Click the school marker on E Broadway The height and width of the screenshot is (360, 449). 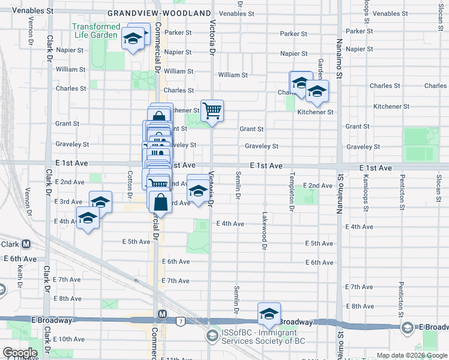pyautogui.click(x=270, y=314)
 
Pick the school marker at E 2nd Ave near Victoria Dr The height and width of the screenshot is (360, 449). pyautogui.click(x=198, y=191)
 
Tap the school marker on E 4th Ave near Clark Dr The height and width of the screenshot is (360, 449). pyautogui.click(x=88, y=220)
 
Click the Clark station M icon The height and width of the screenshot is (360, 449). pyautogui.click(x=26, y=244)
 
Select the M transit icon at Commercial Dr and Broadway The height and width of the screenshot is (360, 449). pyautogui.click(x=162, y=314)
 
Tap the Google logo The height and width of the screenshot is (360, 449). pyautogui.click(x=20, y=353)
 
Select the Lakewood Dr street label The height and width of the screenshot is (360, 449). pyautogui.click(x=263, y=230)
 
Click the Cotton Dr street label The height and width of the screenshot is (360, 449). pyautogui.click(x=130, y=185)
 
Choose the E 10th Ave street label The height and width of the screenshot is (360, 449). pyautogui.click(x=69, y=339)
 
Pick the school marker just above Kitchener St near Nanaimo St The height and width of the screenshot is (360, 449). pyautogui.click(x=317, y=92)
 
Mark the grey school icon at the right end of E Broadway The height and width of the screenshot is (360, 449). pyautogui.click(x=408, y=327)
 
